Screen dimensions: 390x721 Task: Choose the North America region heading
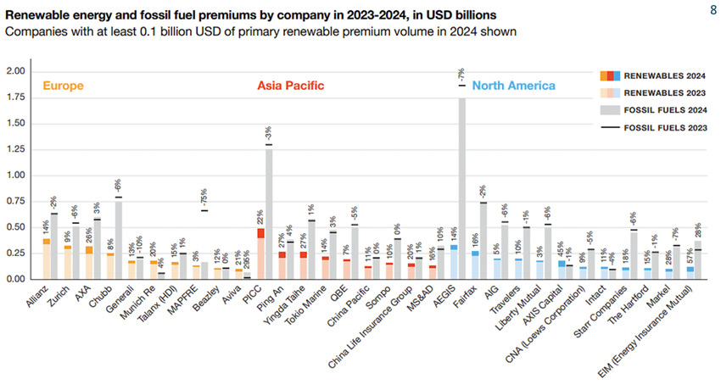[x=514, y=86]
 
